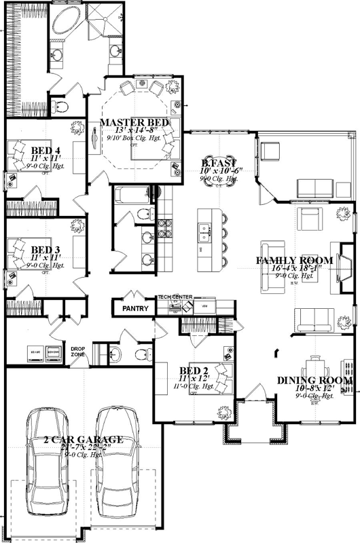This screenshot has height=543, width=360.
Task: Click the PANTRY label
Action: (134, 308)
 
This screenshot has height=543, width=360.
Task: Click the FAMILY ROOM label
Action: (294, 261)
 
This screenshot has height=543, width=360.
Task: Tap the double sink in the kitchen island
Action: (202, 234)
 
